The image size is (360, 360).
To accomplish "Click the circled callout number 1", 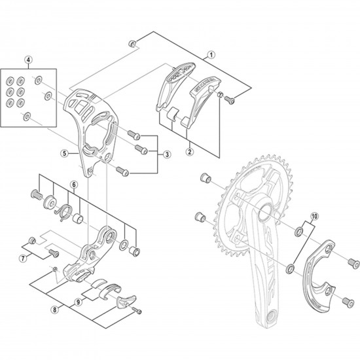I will tap(211, 56).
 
